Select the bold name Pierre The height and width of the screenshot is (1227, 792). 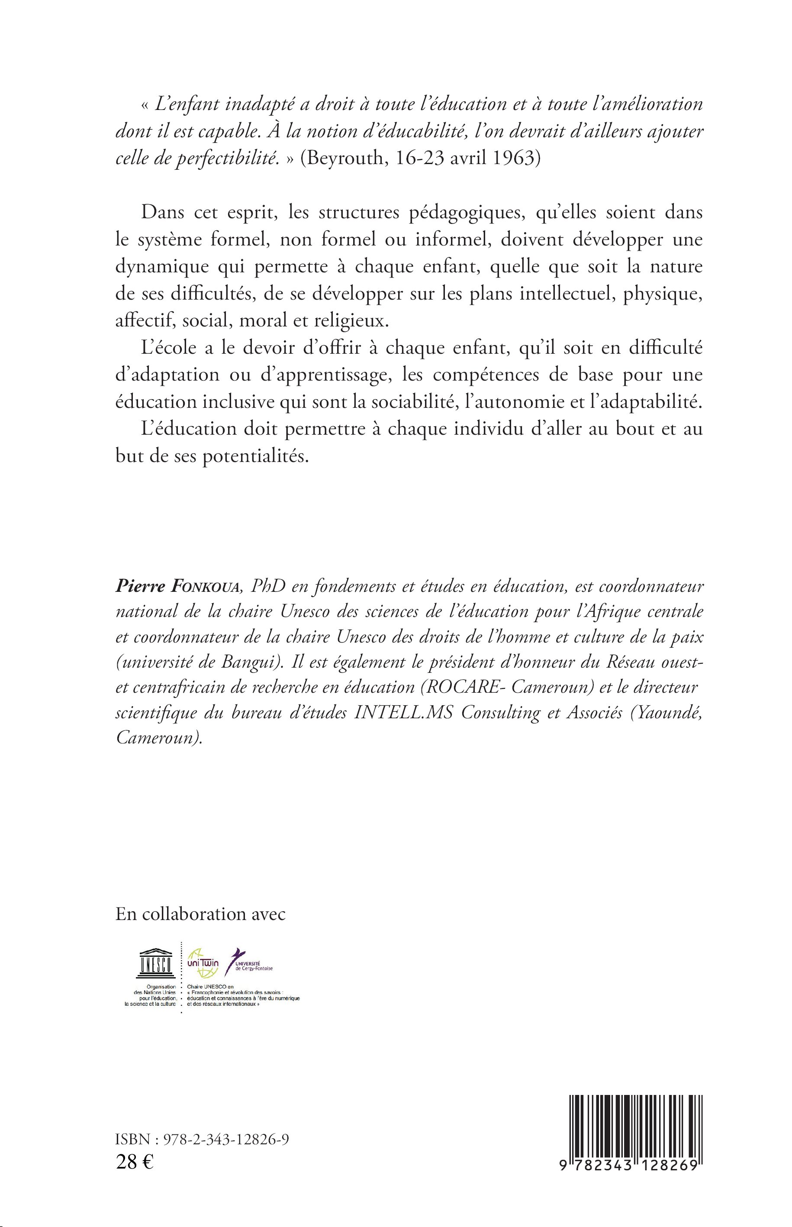tap(138, 588)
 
